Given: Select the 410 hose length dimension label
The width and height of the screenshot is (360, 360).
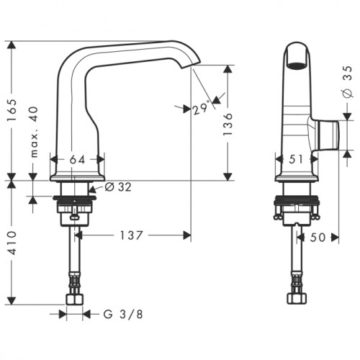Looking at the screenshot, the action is (12, 243).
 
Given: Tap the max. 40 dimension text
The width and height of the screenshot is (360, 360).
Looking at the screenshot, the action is (35, 132).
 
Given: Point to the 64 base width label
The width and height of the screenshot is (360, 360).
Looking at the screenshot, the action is (77, 160).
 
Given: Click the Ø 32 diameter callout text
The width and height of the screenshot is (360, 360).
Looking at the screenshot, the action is (118, 187).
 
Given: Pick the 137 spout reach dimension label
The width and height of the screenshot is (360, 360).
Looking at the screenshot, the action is (131, 235).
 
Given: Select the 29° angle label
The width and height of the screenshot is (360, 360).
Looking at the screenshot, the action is (202, 109).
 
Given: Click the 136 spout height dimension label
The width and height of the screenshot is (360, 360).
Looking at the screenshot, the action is (228, 124).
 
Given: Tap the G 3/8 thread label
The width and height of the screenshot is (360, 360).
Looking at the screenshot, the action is (123, 314).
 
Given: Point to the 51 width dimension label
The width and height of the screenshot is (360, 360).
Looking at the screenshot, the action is (296, 159).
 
